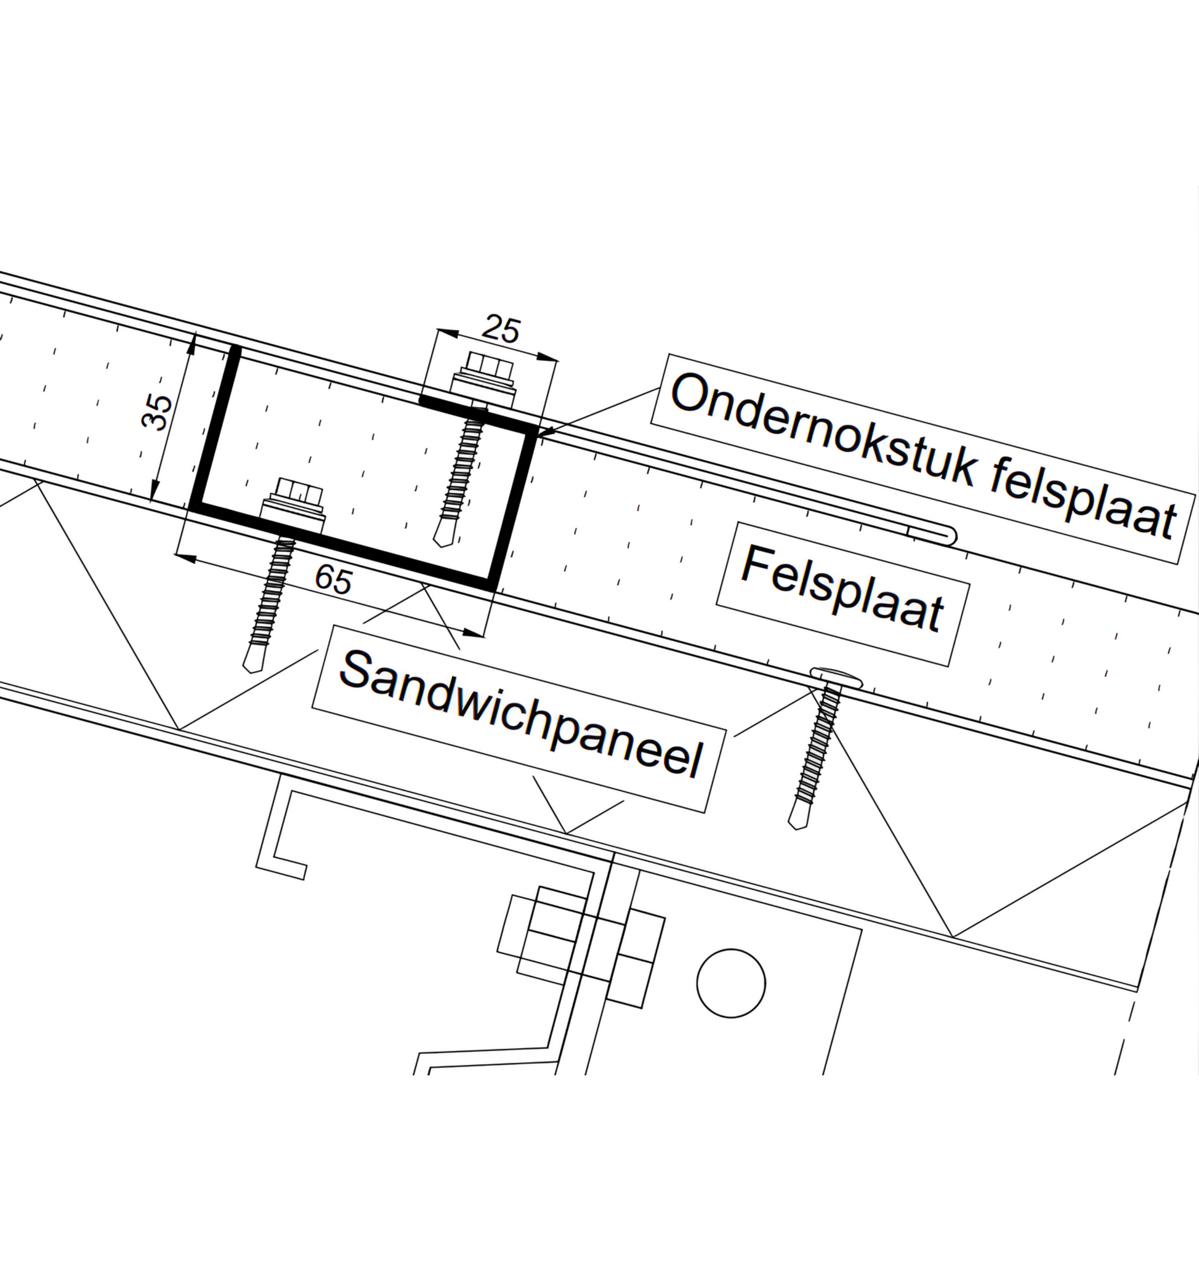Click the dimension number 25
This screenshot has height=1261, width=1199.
(501, 330)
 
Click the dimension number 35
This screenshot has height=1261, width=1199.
(157, 413)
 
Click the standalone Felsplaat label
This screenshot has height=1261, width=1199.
(842, 589)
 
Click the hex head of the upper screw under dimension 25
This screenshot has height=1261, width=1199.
(489, 368)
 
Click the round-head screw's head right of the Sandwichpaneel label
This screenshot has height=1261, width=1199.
(836, 677)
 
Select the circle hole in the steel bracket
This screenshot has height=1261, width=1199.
(731, 983)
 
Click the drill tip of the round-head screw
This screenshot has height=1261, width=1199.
(797, 821)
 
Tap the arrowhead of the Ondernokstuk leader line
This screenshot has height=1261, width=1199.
(539, 435)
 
